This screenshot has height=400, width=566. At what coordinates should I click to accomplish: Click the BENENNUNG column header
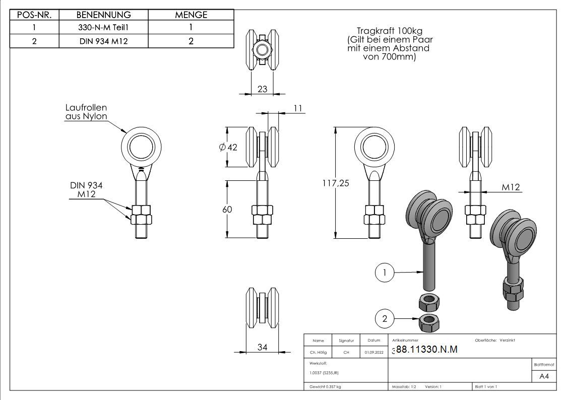tap(104, 15)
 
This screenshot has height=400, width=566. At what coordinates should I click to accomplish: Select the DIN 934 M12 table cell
tap(104, 41)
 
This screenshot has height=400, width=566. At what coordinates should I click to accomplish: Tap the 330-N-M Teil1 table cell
tap(104, 27)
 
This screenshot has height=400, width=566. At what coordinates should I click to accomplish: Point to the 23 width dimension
tap(263, 89)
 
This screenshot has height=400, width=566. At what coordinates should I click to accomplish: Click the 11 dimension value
tap(298, 108)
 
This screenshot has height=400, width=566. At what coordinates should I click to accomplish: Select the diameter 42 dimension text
tap(228, 147)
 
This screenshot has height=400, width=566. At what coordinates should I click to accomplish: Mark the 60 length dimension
tap(227, 209)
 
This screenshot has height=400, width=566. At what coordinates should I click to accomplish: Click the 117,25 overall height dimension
tap(336, 183)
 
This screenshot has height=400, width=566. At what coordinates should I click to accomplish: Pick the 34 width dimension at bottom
tap(263, 347)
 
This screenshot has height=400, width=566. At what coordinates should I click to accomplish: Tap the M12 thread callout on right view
tap(511, 187)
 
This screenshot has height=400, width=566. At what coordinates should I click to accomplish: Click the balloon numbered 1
tap(385, 273)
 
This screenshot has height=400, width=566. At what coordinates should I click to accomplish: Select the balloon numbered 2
tap(385, 318)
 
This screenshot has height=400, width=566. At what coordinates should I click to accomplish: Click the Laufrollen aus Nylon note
tap(86, 112)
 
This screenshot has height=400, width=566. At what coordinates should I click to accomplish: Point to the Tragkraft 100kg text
tap(390, 31)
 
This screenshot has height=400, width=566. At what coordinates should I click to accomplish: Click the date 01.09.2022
tap(374, 352)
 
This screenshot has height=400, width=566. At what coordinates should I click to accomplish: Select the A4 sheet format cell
tap(544, 376)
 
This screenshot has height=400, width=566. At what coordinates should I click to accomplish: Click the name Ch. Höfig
tap(318, 352)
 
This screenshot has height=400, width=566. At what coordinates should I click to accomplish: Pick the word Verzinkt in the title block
tap(507, 340)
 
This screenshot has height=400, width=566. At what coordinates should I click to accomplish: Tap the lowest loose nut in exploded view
tap(429, 322)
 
